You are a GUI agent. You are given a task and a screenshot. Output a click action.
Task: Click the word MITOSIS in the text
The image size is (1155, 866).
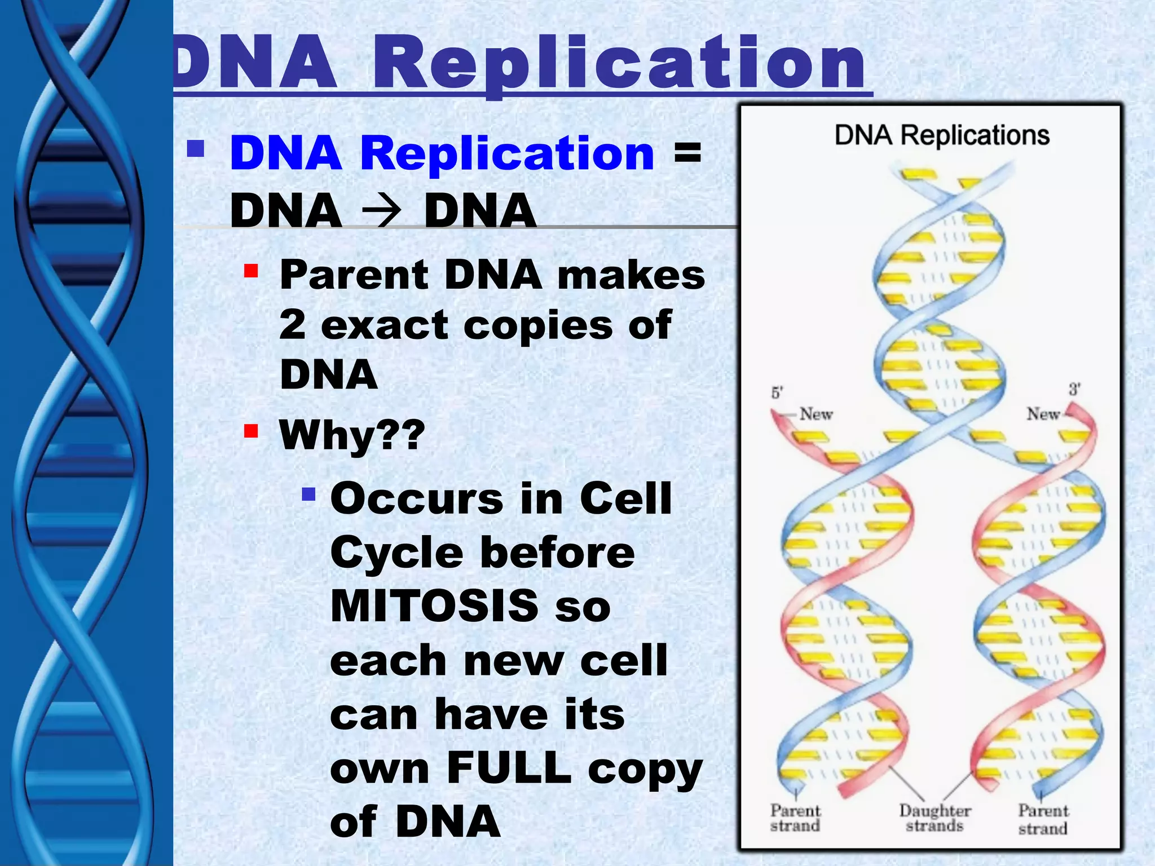coord(434,606)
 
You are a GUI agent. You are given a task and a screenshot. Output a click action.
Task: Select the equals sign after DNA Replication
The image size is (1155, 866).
coord(687,153)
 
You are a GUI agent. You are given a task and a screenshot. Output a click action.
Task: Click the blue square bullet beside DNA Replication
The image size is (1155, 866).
coord(195,149)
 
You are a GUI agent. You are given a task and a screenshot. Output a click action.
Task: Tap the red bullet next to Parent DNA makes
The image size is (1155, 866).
coord(251,272)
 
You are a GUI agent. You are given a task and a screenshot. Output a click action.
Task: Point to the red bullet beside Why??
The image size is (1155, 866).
coord(251,431)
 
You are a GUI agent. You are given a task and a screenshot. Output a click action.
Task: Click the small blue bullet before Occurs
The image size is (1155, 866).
coord(308,494)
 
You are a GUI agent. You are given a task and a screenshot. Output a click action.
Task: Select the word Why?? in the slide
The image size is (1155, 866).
coord(351,435)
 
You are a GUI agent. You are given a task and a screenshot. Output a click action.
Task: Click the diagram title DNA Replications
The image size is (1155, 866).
coord(941,135)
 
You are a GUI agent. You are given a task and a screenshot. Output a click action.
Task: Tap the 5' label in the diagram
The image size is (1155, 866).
coord(777,392)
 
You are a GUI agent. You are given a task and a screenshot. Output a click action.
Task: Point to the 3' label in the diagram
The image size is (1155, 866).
coord(1074,389)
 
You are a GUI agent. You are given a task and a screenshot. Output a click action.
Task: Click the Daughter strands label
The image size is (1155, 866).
coord(934,818)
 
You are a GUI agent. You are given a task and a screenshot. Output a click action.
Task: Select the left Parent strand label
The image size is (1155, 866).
coord(795,818)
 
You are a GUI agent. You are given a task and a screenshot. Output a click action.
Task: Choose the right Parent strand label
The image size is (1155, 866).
coord(1043,819)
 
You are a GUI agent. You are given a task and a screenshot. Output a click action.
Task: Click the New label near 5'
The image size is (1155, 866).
coord(815,414)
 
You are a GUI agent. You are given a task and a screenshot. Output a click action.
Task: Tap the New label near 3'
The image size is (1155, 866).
coord(1043,414)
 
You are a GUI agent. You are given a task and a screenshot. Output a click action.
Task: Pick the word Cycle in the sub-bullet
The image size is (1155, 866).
coord(396,553)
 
